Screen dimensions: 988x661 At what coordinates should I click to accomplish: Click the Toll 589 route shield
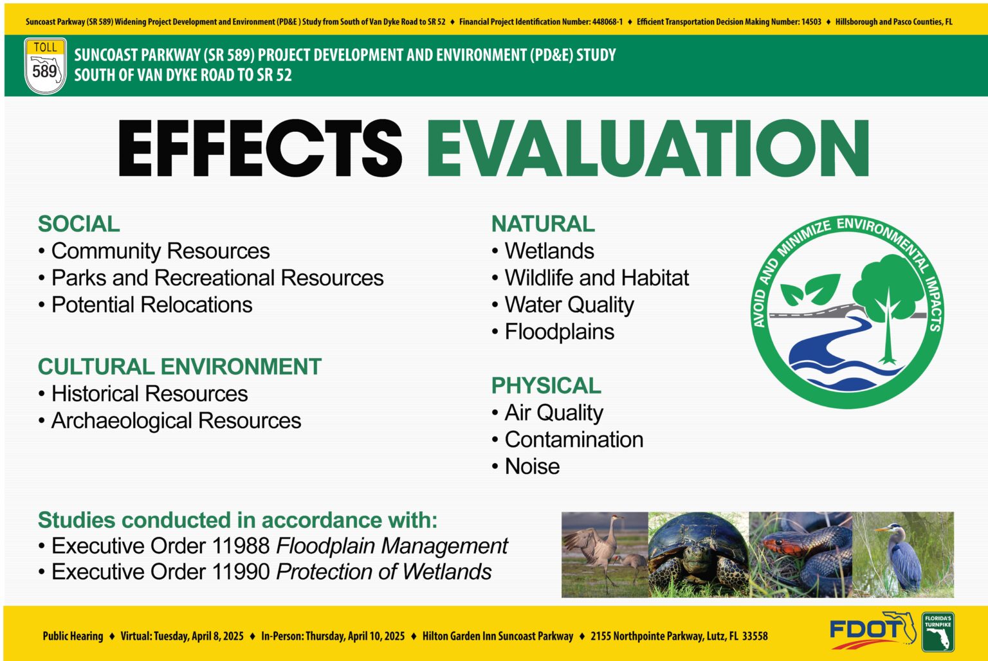point(46,66)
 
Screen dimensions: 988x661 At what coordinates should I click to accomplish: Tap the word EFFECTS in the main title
point(261,149)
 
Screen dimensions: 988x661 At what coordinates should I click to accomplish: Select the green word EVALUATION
point(648,149)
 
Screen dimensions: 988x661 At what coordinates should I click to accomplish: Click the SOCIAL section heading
point(78,224)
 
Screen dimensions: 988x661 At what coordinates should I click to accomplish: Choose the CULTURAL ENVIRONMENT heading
point(179,367)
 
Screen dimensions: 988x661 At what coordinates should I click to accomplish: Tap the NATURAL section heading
point(543,224)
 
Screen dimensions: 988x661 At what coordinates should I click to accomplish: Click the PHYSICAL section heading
point(546,385)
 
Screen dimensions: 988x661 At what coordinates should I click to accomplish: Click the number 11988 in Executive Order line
point(241,546)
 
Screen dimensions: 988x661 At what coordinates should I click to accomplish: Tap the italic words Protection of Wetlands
point(384,572)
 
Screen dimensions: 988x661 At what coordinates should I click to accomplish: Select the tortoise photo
point(699,555)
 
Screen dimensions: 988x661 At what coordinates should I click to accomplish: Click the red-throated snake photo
point(801,555)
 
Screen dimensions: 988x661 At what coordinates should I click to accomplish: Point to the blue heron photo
point(903,555)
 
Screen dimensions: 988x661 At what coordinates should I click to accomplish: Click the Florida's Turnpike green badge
point(938,632)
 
